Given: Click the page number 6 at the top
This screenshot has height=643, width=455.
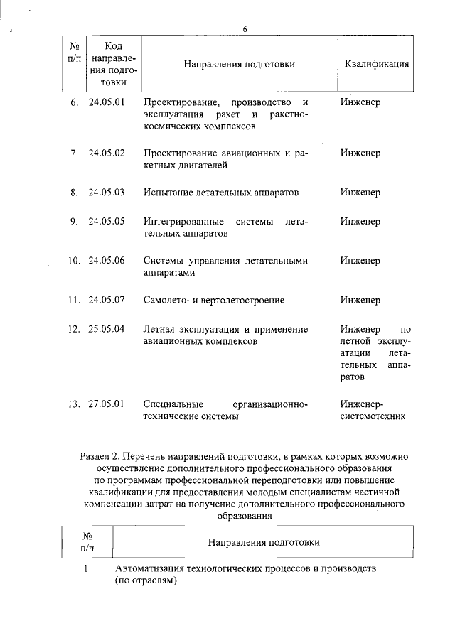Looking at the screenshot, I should tap(244, 29).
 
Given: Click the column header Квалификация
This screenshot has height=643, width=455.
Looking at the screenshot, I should tap(376, 63).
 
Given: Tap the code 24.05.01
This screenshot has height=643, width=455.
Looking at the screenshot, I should tap(107, 102).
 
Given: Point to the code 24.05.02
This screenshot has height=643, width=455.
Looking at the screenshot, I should tap(107, 153).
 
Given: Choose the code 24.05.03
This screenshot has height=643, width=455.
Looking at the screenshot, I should tap(107, 193).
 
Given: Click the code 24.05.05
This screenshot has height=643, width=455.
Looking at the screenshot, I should tap(107, 221).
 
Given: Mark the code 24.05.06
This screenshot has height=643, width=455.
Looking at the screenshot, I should tap(107, 260).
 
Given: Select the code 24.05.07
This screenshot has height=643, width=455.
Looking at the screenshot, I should tap(107, 300).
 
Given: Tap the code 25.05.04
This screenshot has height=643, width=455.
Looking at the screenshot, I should tap(107, 329).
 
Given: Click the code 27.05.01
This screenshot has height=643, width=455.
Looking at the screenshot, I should tap(107, 404).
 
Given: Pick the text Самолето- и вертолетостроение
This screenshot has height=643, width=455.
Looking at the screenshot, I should tap(214, 300).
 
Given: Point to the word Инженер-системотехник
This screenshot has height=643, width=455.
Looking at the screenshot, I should tap(373, 411).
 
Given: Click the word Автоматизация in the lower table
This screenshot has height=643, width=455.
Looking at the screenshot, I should tap(148, 570).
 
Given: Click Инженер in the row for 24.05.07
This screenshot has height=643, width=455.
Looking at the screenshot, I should tap(360, 300).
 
